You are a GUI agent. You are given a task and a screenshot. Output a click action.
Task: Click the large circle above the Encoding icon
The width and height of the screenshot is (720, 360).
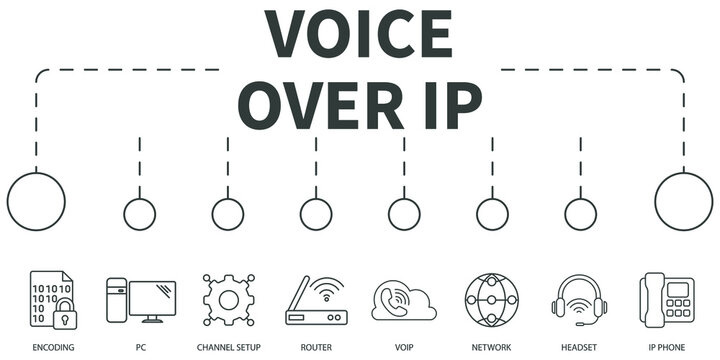(x=36, y=201)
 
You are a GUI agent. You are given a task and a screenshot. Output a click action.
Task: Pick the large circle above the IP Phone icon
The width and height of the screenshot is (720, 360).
(x=684, y=201)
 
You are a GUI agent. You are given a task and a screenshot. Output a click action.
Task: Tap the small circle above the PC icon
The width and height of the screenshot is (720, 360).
(x=139, y=214)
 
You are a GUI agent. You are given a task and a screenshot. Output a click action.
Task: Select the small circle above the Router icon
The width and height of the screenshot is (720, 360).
(x=316, y=214)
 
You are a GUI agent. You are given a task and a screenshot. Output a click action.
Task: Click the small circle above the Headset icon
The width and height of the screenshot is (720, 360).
(x=580, y=214)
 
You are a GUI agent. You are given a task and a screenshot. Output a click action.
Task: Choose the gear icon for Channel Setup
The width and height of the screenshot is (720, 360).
(x=227, y=298)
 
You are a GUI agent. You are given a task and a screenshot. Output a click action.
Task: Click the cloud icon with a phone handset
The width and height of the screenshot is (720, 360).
(x=403, y=301)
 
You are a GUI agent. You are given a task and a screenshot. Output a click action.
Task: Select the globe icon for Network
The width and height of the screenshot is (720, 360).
(x=492, y=298)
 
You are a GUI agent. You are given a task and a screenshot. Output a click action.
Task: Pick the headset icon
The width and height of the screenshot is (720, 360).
(x=580, y=299)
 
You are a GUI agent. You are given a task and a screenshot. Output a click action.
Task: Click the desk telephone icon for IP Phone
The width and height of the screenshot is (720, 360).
(x=668, y=298)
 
